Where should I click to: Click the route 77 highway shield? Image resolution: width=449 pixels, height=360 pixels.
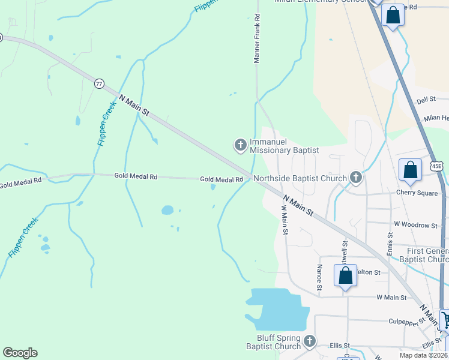(x=99, y=83)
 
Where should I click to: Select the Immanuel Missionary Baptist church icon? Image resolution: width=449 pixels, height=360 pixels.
(x=240, y=145)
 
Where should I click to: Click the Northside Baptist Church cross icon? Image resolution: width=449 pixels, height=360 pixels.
(x=356, y=177)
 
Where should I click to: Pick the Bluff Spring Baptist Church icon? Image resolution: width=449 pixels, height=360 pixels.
(x=310, y=341)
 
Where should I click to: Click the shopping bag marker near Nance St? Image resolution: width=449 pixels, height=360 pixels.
(x=345, y=276)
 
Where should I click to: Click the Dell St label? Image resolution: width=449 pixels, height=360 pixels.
(x=426, y=100)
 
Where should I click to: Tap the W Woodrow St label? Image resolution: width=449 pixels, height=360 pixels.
(x=415, y=225)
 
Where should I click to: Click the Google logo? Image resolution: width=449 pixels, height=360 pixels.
(x=20, y=353)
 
